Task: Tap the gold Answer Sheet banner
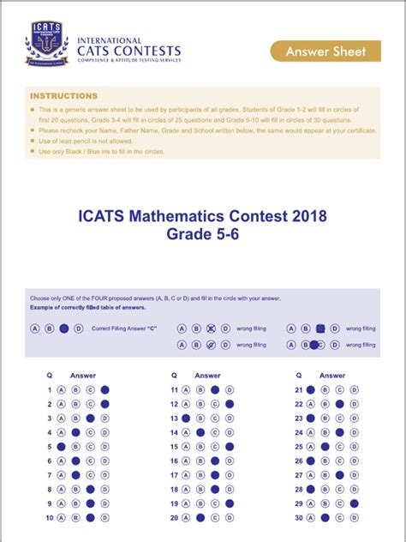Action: pos(338,51)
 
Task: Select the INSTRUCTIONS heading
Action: pos(63,96)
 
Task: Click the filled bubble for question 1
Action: pos(104,390)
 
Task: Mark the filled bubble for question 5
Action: pos(62,447)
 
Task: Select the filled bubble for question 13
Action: pos(185,419)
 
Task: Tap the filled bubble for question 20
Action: pos(200,518)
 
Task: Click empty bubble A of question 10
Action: pos(62,518)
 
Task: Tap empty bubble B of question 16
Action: pos(200,461)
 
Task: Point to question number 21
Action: pos(299,390)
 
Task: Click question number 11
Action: pos(174,390)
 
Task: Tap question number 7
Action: pos(50,475)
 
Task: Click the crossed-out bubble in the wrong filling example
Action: pos(210,328)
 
